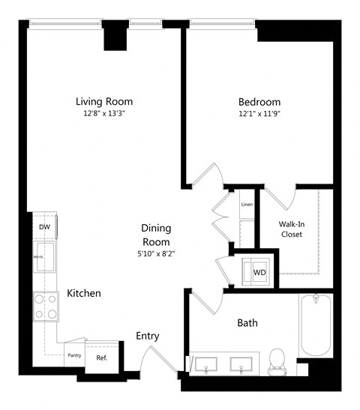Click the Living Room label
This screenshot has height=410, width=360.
tap(104, 101)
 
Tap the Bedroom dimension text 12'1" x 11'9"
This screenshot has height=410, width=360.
tap(259, 115)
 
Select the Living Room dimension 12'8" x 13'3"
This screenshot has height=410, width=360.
tap(104, 115)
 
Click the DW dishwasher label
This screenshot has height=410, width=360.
tap(44, 227)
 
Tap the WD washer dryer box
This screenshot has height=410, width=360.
tap(258, 271)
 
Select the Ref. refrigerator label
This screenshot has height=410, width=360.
tap(102, 358)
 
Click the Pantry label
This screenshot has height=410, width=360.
tap(74, 355)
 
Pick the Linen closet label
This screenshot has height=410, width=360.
tap(246, 205)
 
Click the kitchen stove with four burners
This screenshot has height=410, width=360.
tap(44, 306)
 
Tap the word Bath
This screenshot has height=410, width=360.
tap(247, 323)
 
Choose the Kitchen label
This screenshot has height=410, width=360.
tap(83, 293)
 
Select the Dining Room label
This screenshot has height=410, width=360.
tap(156, 235)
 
